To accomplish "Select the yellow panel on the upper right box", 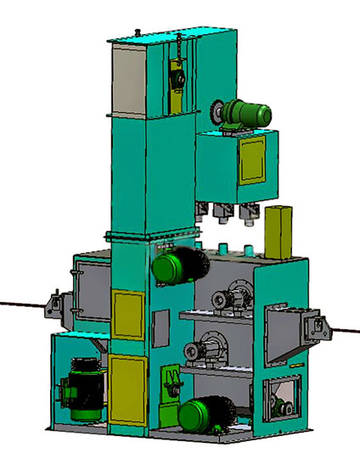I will tap(252, 160).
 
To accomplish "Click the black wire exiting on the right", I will tap(345, 331).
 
